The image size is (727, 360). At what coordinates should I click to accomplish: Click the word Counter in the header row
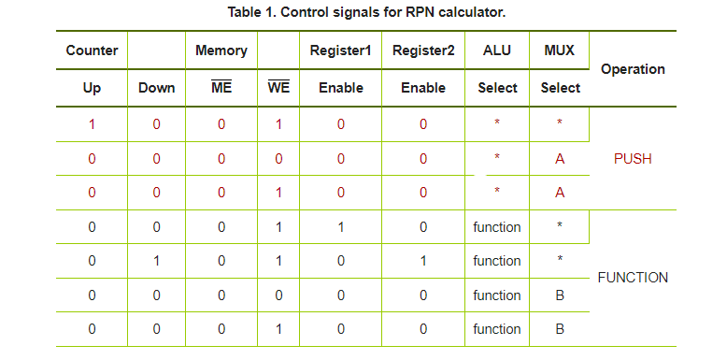point(92,50)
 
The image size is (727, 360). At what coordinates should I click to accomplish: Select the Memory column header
point(221,50)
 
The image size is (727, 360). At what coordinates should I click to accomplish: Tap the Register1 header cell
point(340,50)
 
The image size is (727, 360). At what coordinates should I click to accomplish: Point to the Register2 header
point(423,50)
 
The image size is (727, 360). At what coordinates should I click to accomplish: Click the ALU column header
point(497,50)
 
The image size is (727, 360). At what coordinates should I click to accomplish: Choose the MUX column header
point(560,50)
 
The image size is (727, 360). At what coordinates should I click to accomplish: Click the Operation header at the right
point(633,69)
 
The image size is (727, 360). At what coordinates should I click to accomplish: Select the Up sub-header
point(92,88)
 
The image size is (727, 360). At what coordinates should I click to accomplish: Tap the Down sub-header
point(156,88)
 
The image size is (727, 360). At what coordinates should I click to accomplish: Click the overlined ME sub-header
point(221,88)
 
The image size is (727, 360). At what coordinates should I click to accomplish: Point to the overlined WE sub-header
point(278,88)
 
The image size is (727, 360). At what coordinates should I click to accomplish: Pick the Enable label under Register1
point(340,88)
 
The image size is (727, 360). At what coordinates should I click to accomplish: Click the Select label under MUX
point(560,88)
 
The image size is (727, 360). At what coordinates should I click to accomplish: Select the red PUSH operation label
point(633,159)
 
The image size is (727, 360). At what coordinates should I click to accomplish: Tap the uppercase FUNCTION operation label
point(633,278)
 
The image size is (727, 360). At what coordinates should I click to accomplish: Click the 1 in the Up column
point(92,124)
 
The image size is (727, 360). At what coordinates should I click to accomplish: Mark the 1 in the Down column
point(156,261)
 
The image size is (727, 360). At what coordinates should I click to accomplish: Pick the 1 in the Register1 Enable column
point(340,227)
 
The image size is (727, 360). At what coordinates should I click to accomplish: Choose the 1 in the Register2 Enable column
point(423,261)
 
